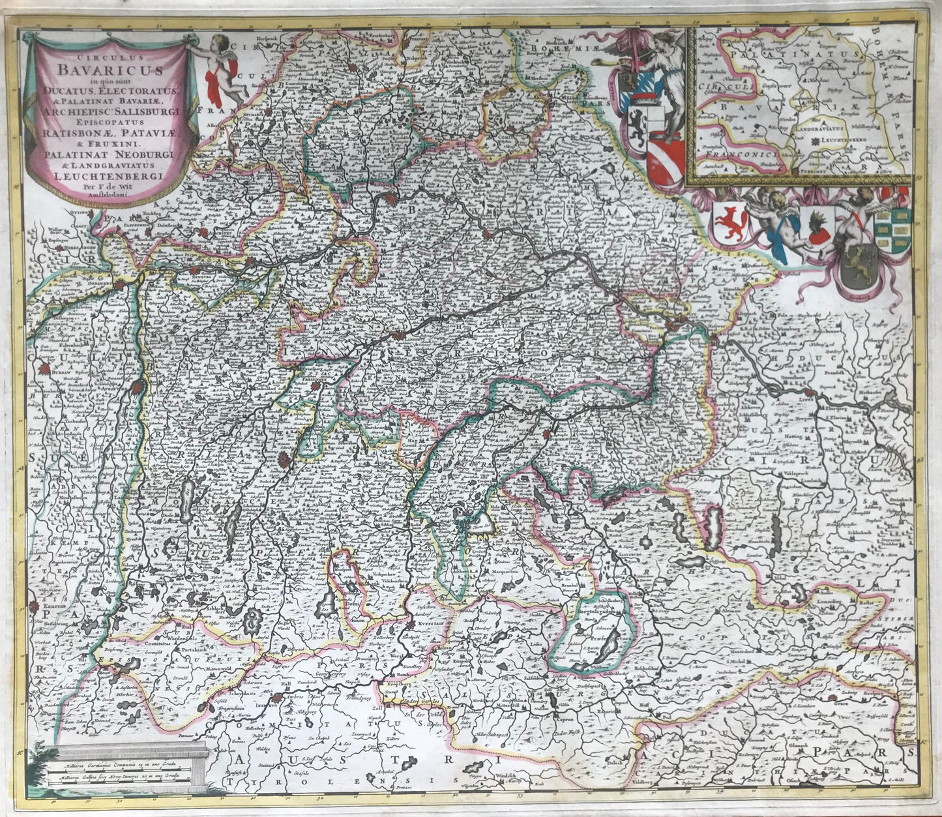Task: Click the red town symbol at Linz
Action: pos(808,391)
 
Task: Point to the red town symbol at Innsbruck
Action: pos(277,699)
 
